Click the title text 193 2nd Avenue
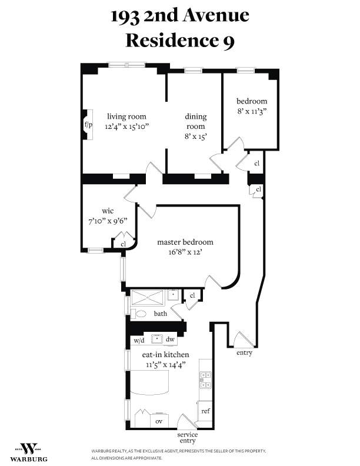point(180,15)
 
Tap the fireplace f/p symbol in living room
point(88,125)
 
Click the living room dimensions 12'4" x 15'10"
point(126,126)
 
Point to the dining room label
point(195,121)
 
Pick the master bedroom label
point(185,242)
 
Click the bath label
point(161,314)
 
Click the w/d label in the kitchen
point(139,340)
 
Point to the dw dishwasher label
point(170,339)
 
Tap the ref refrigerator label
point(205,411)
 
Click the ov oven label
point(159,421)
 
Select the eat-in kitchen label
point(165,355)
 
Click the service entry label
point(188,438)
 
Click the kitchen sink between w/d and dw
point(156,339)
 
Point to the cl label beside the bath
point(192,295)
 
